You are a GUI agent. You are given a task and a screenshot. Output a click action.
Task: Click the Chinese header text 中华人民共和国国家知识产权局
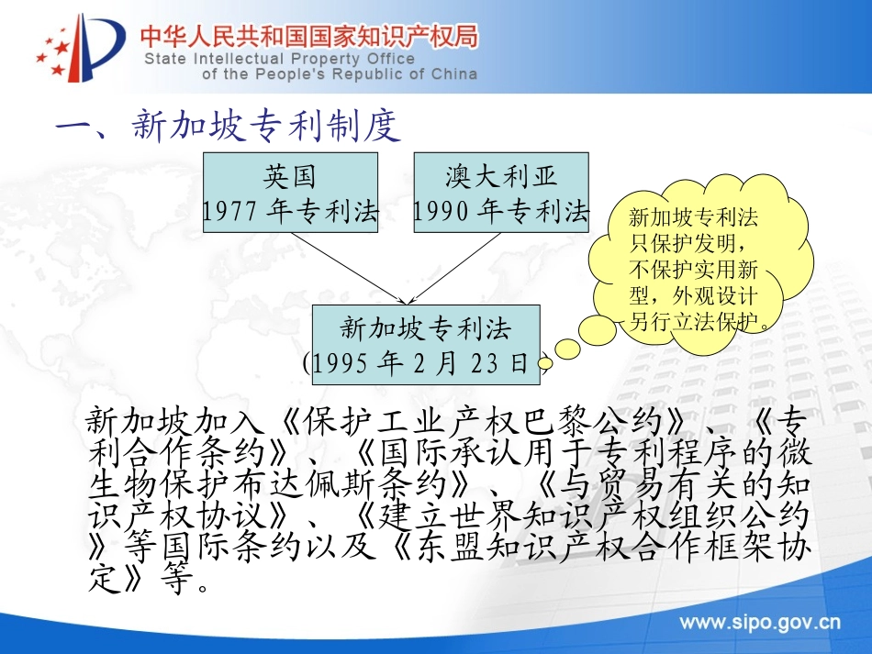(x=308, y=38)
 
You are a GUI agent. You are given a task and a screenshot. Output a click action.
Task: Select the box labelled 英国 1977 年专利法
(x=290, y=193)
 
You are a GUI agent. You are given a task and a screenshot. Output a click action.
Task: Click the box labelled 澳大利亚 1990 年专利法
(x=501, y=193)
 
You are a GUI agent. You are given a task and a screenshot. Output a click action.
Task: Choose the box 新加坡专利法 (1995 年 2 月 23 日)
(x=426, y=344)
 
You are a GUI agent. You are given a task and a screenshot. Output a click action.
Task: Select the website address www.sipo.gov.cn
(x=759, y=625)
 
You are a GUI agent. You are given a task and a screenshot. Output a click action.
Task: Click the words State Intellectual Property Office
(x=279, y=59)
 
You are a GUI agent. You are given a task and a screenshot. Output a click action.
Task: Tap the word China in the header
(x=453, y=74)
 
